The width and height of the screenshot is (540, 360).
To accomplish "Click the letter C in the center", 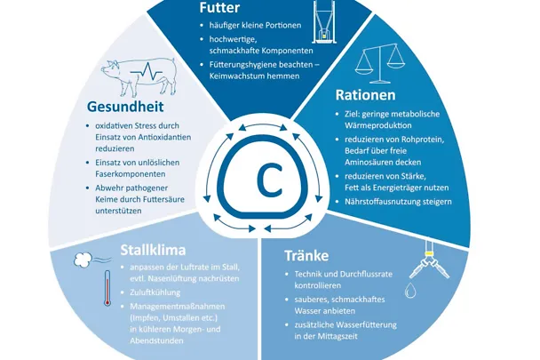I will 266,180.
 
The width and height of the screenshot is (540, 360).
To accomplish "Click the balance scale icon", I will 377,60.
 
